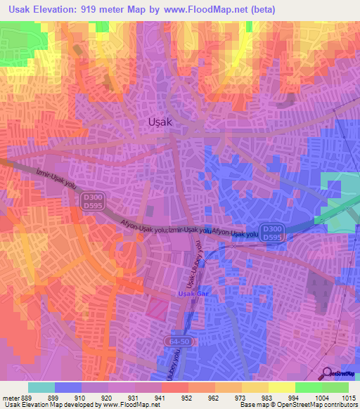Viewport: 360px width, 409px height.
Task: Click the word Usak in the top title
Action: coord(22,10)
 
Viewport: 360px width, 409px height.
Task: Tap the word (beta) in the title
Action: coord(257,10)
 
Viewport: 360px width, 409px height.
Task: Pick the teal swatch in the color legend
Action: coord(41,387)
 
